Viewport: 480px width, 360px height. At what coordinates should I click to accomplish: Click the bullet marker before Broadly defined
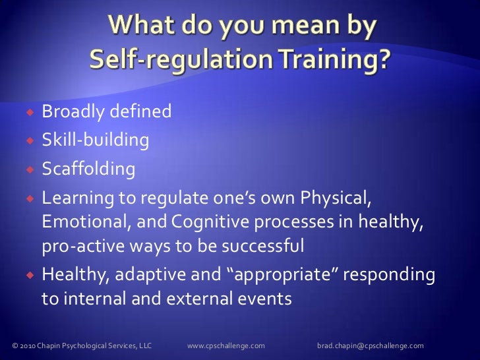point(31,113)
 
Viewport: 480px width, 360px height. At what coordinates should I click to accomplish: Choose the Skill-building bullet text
point(95,140)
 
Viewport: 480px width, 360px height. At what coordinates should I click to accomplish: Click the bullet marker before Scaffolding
point(31,170)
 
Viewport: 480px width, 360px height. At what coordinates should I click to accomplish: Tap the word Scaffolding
point(88,169)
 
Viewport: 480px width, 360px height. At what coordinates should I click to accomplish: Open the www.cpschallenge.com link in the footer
point(226,345)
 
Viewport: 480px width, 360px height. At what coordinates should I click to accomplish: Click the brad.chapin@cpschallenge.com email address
point(370,345)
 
